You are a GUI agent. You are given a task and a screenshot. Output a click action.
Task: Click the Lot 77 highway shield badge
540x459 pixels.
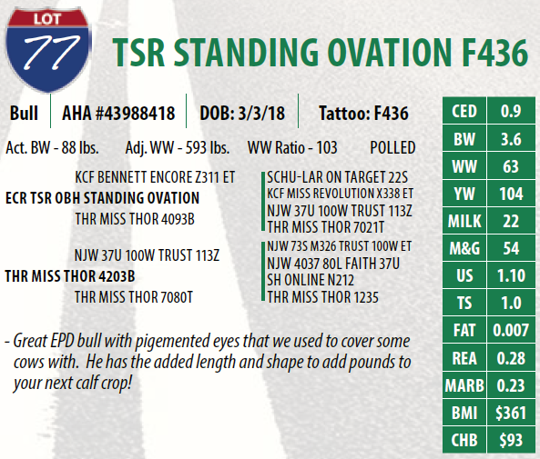pyautogui.click(x=47, y=50)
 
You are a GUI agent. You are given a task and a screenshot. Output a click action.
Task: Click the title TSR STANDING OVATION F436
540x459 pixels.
pyautogui.click(x=320, y=52)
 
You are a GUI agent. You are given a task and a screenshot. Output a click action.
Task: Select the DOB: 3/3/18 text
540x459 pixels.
pyautogui.click(x=242, y=113)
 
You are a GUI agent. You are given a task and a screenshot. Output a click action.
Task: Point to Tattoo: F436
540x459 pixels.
pyautogui.click(x=363, y=113)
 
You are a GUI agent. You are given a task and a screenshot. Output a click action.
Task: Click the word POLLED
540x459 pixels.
pyautogui.click(x=392, y=148)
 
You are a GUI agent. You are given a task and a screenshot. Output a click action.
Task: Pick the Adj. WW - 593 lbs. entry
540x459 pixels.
pyautogui.click(x=177, y=148)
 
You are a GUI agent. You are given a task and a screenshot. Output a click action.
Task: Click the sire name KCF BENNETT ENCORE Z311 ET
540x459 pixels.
pyautogui.click(x=155, y=177)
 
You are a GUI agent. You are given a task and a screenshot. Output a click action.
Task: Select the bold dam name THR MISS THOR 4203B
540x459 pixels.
pyautogui.click(x=70, y=276)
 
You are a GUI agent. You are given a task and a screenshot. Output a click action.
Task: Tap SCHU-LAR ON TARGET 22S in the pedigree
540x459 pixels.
pyautogui.click(x=337, y=177)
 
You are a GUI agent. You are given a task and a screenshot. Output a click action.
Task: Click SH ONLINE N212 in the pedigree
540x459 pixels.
pyautogui.click(x=311, y=280)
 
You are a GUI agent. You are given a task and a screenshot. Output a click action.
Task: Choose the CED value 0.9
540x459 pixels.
pyautogui.click(x=511, y=111)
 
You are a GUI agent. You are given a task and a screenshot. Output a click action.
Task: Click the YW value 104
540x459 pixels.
pyautogui.click(x=511, y=194)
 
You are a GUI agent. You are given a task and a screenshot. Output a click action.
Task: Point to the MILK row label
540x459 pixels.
pyautogui.click(x=464, y=221)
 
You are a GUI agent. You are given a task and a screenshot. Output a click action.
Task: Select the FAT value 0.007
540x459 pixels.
pyautogui.click(x=511, y=331)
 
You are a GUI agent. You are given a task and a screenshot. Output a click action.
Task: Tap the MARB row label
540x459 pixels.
pyautogui.click(x=464, y=385)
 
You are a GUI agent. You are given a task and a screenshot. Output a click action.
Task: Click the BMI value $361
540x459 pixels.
pyautogui.click(x=511, y=413)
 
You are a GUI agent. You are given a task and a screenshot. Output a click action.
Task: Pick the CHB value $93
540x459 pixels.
pyautogui.click(x=511, y=440)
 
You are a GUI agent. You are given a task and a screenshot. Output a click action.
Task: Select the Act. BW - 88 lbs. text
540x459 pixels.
pyautogui.click(x=52, y=148)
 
